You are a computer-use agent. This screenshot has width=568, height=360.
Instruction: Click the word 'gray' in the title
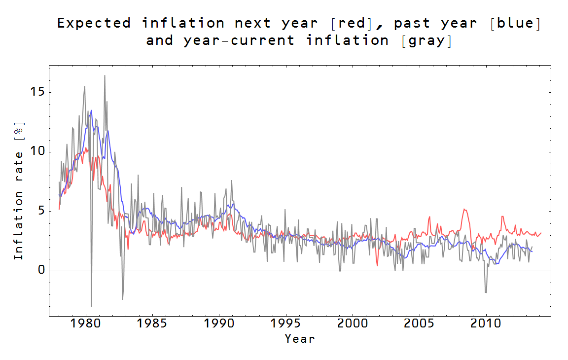(427, 40)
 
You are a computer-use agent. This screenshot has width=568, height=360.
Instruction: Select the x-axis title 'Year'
(299, 339)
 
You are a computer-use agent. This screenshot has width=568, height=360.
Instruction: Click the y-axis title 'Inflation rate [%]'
(18, 191)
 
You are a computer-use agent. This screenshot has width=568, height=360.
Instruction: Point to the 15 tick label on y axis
(37, 92)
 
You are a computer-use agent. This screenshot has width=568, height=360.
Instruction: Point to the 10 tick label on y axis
(37, 151)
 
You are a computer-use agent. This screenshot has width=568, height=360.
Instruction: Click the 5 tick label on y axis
(41, 211)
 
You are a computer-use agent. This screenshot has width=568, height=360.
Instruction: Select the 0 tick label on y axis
(41, 271)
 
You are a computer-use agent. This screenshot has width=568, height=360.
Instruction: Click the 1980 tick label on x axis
(86, 324)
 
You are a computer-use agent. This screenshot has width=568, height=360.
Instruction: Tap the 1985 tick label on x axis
(152, 324)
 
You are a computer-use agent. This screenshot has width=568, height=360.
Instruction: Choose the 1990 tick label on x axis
(219, 324)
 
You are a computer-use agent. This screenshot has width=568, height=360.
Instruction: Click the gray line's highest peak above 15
(105, 75)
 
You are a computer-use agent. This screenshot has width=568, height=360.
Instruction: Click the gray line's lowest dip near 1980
(91, 306)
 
